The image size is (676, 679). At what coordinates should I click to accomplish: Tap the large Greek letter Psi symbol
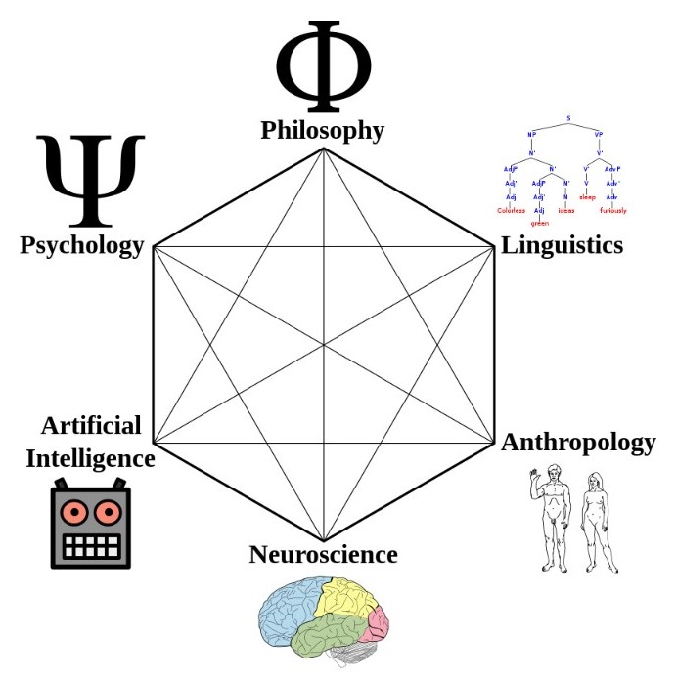[90, 182]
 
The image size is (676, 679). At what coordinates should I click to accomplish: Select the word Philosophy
[322, 130]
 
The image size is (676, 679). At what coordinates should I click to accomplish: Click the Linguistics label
[562, 244]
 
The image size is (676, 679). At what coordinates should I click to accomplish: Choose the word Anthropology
[578, 443]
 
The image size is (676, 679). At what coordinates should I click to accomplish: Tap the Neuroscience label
[323, 555]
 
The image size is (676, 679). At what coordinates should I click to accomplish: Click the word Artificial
[91, 426]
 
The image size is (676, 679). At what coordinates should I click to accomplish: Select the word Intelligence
[90, 457]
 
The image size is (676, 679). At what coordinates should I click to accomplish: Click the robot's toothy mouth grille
[90, 545]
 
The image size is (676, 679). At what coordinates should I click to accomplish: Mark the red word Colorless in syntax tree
[511, 211]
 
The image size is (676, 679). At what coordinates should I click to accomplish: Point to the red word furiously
[612, 211]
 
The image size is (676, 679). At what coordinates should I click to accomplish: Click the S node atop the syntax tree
[567, 119]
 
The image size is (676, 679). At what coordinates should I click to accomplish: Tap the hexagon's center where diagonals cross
[323, 344]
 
